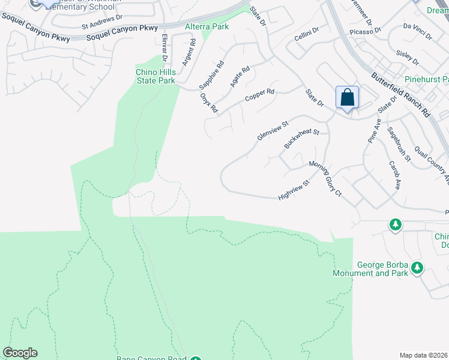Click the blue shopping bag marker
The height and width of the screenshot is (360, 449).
coord(347,97)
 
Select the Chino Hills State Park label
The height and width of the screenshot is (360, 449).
coord(155,76)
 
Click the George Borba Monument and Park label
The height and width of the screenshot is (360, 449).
coord(370,269)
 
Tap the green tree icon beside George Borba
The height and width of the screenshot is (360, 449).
coord(417,268)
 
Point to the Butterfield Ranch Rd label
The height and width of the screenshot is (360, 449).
coord(400,95)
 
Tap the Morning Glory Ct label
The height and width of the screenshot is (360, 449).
coord(325,178)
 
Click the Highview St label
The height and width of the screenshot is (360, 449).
coord(294,190)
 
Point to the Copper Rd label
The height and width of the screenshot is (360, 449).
coord(259,95)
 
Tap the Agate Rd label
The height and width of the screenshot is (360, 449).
coord(240,77)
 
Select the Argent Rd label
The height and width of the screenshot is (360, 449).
coord(190,52)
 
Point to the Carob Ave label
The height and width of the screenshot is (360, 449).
coord(394,175)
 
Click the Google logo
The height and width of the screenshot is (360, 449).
coord(20,352)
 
